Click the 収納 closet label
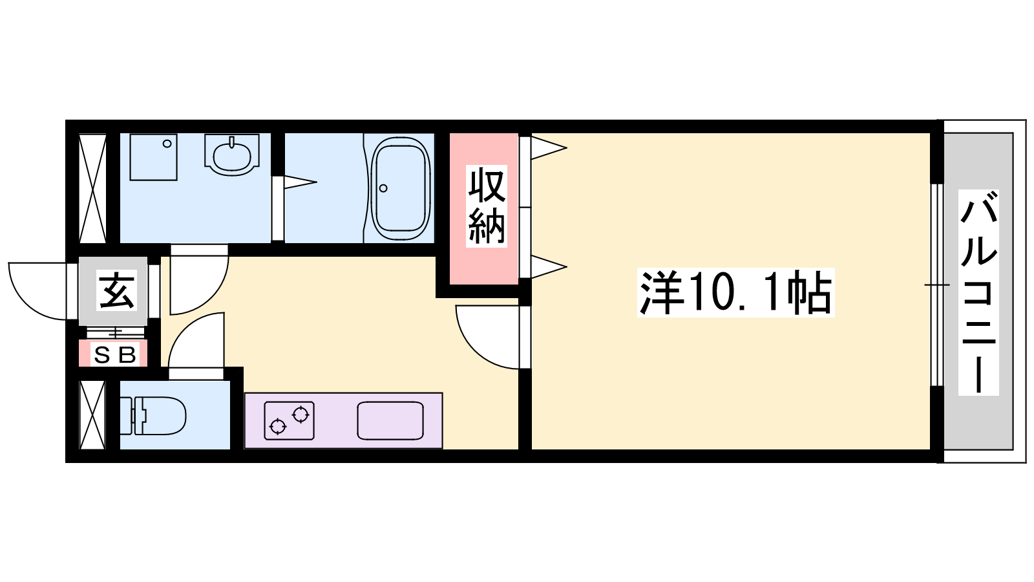tap(486, 206)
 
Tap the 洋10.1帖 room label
tap(736, 292)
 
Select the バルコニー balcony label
tap(978, 292)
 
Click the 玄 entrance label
tap(117, 290)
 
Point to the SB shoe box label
tap(115, 355)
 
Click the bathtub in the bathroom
tap(401, 188)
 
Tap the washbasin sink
tap(232, 155)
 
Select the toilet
tap(153, 415)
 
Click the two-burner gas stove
tap(290, 420)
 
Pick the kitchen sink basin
tap(390, 420)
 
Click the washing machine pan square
tap(154, 157)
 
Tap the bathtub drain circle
tap(383, 188)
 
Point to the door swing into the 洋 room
tap(487, 337)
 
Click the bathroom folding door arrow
tap(300, 182)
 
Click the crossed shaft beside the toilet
tap(92, 415)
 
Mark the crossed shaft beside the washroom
tap(92, 188)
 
